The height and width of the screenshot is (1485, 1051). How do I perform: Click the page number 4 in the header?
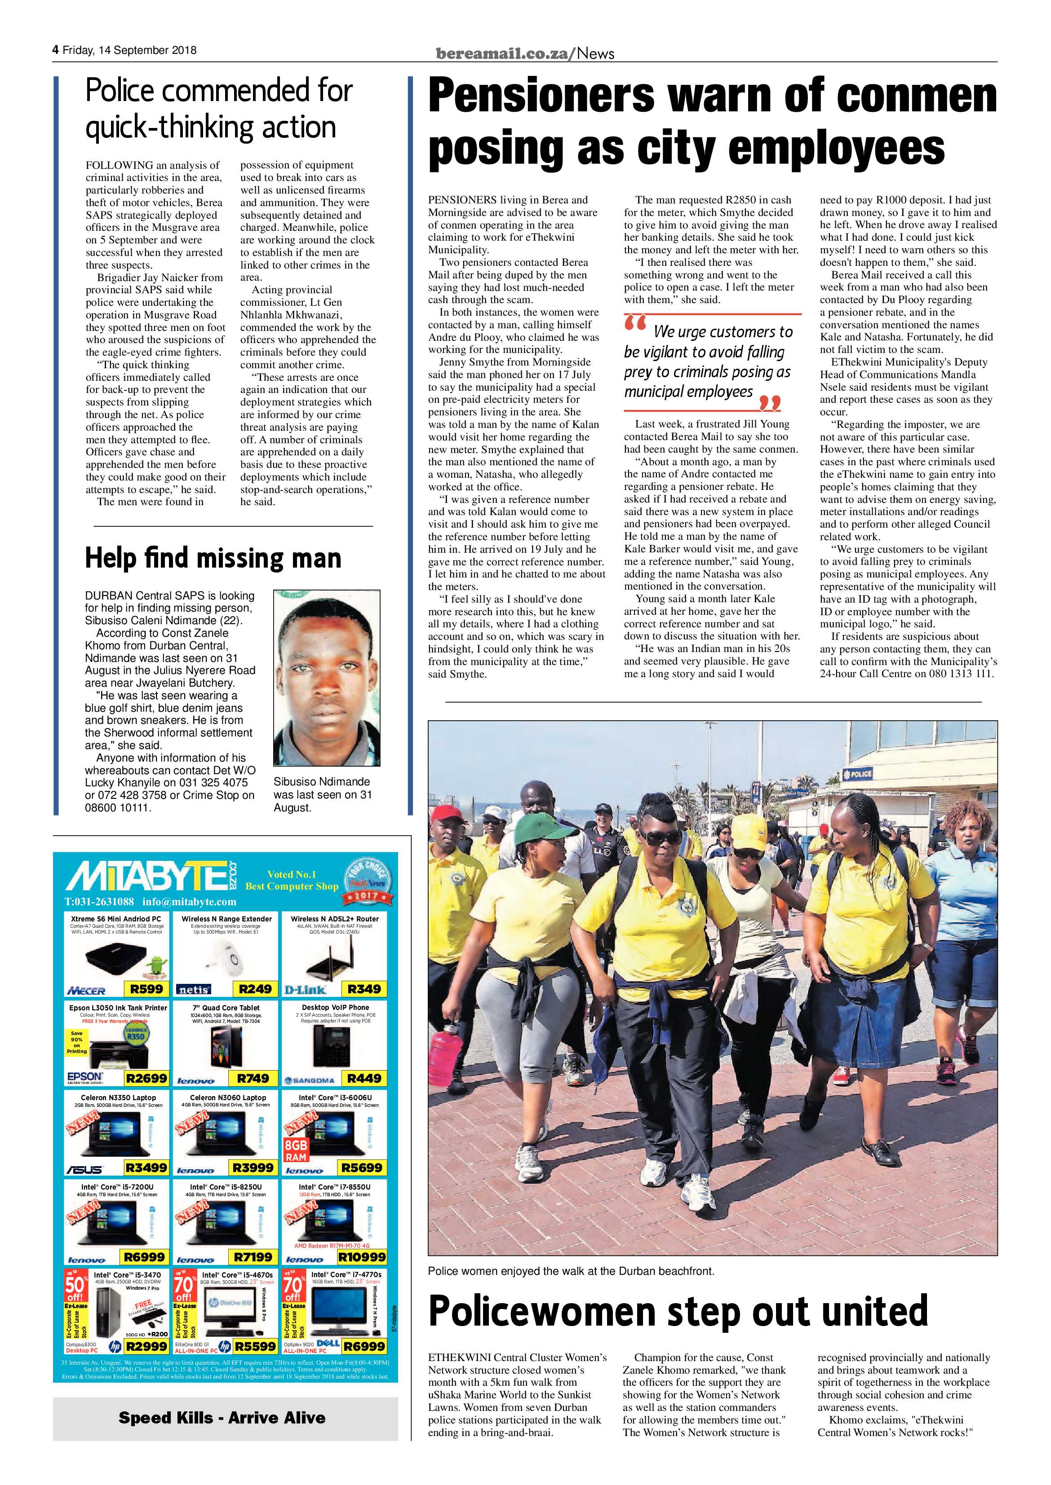(56, 50)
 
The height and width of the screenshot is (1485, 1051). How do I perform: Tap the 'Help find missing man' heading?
(213, 558)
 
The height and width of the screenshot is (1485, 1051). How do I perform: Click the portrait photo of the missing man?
(326, 677)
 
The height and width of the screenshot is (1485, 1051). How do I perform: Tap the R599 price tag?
(146, 989)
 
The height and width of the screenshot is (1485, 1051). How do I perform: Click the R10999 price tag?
(362, 1257)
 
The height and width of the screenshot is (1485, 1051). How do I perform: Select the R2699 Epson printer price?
(146, 1078)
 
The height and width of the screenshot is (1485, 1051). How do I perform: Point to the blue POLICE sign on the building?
(857, 774)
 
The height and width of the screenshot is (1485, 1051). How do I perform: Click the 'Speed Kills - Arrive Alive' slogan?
(222, 1418)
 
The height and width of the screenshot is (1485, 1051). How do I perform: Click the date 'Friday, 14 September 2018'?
(129, 50)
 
